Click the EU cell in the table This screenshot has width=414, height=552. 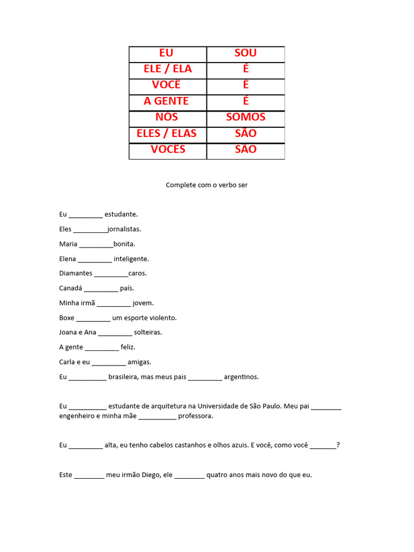coord(167,53)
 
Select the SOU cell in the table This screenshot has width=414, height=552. coord(245,53)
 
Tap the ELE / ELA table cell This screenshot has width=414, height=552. coord(168,69)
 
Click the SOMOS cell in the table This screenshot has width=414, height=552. coord(245,117)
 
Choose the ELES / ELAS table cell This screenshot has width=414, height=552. coord(167,133)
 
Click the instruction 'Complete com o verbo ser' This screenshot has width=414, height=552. coord(206,185)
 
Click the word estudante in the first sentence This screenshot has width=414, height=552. coord(121,215)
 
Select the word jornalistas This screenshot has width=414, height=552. coord(124,229)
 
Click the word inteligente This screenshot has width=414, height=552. coord(131,259)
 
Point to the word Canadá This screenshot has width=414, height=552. coord(70,288)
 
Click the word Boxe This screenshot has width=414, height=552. coord(67,318)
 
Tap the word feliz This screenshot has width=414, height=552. coord(128,347)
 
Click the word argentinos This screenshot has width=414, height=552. coord(241,377)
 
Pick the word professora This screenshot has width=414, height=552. coord(196,416)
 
